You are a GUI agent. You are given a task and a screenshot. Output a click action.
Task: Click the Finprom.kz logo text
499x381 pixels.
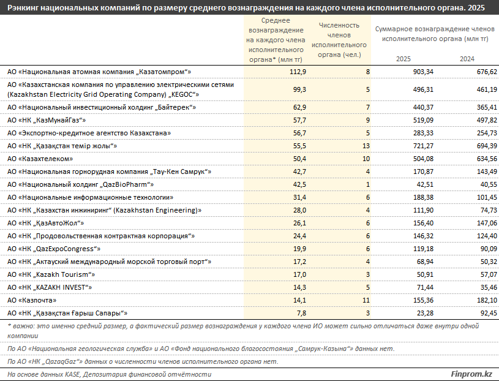471,374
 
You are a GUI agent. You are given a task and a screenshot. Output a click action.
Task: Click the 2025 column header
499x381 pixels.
403,59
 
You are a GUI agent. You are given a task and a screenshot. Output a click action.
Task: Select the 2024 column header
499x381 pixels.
467,59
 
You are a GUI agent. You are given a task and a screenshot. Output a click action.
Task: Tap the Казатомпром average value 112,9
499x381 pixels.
298,72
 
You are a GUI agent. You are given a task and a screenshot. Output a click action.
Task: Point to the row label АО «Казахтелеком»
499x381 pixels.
40,159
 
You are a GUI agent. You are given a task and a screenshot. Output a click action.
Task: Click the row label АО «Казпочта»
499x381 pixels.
32,300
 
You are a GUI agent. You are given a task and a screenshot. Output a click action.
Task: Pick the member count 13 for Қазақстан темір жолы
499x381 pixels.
366,146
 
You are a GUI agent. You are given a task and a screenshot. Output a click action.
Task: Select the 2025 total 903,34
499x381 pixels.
423,72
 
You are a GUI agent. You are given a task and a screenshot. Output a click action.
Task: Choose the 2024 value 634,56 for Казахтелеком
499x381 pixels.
487,159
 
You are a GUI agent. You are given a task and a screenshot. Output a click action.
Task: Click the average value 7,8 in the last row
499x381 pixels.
301,313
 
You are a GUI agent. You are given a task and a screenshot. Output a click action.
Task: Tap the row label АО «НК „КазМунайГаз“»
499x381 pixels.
47,120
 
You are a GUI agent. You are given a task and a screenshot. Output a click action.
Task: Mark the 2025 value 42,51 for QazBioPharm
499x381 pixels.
425,184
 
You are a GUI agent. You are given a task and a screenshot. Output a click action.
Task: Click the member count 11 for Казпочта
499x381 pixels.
366,300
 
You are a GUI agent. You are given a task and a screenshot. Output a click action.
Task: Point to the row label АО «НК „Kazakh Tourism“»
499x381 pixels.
51,274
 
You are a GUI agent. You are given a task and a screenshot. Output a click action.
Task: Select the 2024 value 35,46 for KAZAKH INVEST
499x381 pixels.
489,287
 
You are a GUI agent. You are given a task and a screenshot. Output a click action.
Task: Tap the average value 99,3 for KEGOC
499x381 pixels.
299,90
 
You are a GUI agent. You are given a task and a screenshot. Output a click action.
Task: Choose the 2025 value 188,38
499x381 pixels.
423,197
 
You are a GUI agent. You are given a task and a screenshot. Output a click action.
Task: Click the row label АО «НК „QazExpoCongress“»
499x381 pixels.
54,249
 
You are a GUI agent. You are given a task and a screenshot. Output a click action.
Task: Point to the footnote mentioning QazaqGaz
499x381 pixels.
143,361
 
